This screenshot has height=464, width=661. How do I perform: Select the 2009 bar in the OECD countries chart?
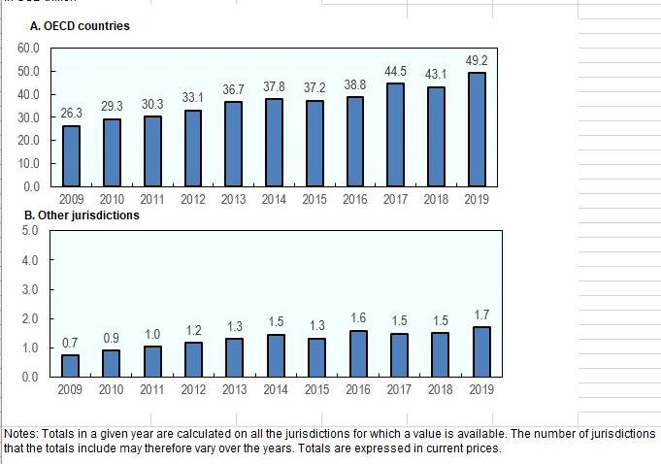71,155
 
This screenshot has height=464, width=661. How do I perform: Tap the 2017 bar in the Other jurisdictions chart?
399,354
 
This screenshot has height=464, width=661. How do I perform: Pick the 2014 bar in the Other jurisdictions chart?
275,355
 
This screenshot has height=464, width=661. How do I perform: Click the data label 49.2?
476,61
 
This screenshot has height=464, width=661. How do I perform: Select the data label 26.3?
71,114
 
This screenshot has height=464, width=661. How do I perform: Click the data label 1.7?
481,315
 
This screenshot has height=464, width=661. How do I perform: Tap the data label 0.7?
70,343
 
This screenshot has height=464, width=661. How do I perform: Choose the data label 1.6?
358,317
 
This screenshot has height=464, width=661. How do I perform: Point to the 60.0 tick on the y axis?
27,48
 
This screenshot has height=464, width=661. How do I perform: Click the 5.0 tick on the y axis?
29,231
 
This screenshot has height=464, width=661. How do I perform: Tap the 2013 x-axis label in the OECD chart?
234,199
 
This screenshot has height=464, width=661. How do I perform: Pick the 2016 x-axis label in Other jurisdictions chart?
358,389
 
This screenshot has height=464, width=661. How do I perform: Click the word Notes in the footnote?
21,434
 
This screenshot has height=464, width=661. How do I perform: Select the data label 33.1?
193,98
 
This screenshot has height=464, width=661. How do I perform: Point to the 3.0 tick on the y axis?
29,289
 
